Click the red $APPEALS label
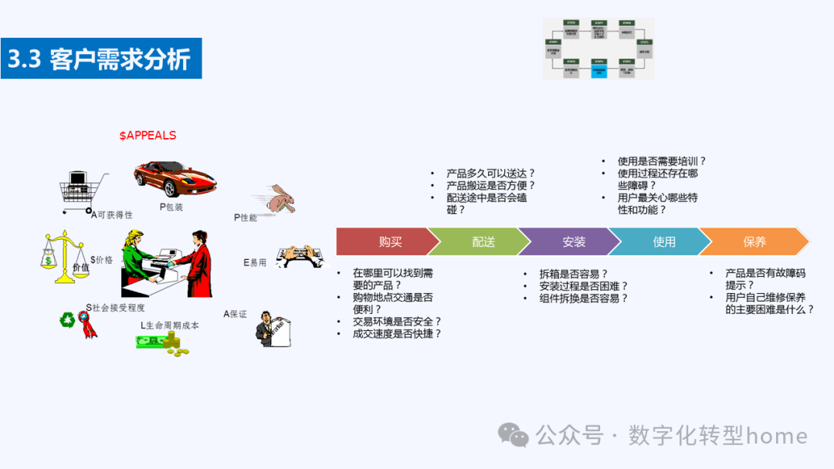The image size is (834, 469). click(147, 136)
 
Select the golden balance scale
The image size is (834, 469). click(63, 252)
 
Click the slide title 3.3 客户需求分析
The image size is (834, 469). click(101, 59)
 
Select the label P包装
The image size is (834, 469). click(171, 207)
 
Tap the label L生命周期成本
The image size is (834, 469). click(170, 326)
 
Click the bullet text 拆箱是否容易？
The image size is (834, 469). click(574, 274)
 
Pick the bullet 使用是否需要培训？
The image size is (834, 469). click(662, 161)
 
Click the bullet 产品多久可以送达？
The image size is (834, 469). click(490, 174)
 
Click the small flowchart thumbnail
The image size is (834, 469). click(598, 49)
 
